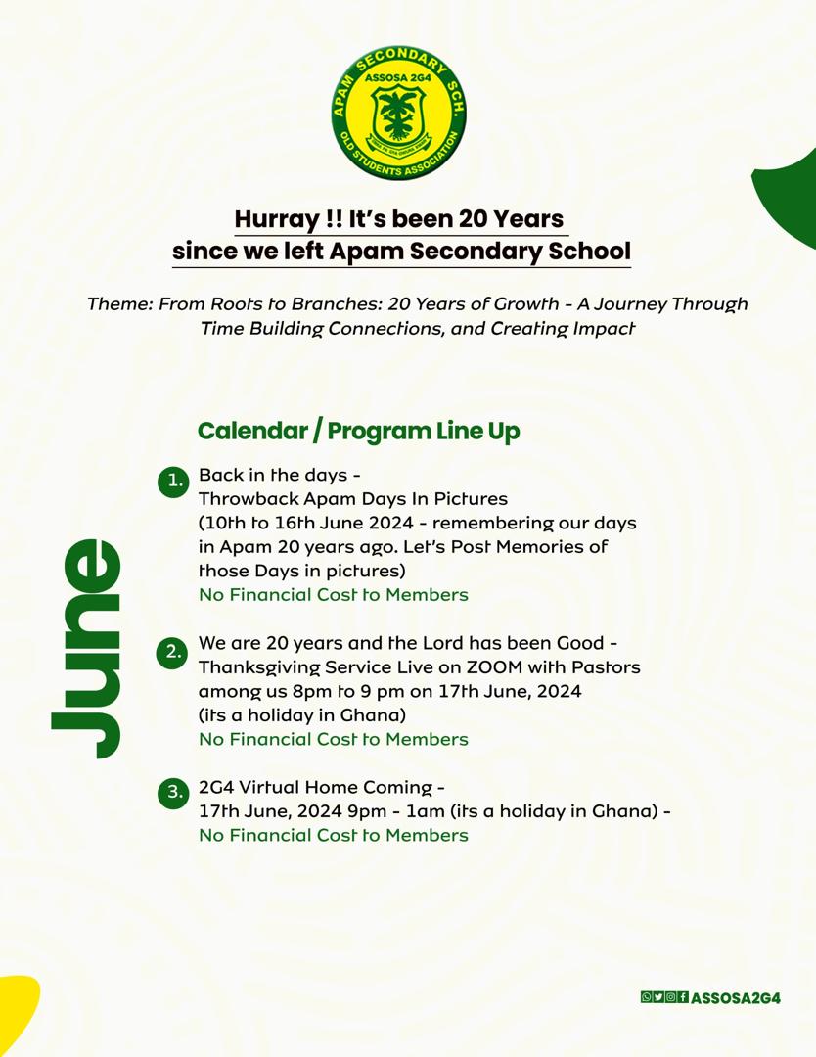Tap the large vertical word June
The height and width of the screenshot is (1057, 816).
[x=88, y=648]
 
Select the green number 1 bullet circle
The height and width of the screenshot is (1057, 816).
[x=174, y=481]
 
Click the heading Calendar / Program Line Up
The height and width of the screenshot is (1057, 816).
[x=358, y=431]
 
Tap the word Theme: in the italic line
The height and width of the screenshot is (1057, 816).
[x=119, y=303]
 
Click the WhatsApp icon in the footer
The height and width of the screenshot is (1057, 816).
[x=646, y=997]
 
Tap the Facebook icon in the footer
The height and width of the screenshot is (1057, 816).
[x=683, y=997]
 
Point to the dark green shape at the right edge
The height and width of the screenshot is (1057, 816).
[x=791, y=196]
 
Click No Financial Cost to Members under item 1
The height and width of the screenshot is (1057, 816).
[x=333, y=594]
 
